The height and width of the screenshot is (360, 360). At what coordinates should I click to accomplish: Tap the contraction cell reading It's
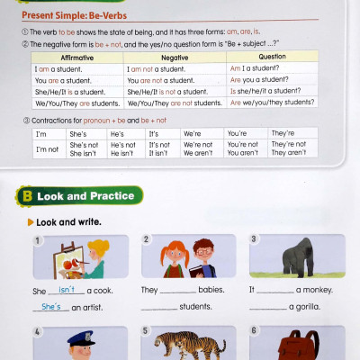(x=158, y=133)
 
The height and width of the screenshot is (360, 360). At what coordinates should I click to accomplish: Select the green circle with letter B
(x=28, y=195)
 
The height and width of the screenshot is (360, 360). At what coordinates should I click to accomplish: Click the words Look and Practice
(x=86, y=196)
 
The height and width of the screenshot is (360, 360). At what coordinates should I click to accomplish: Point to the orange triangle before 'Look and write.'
(x=31, y=221)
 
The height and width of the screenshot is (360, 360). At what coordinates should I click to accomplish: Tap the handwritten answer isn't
(x=67, y=289)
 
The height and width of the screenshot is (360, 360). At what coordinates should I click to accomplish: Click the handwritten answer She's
(x=51, y=307)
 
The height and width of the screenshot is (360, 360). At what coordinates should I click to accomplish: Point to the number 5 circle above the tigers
(x=146, y=331)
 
